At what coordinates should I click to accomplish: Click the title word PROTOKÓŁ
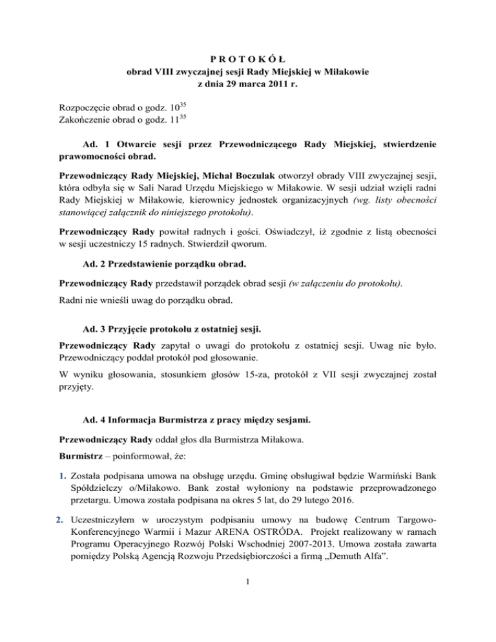click(247, 58)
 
